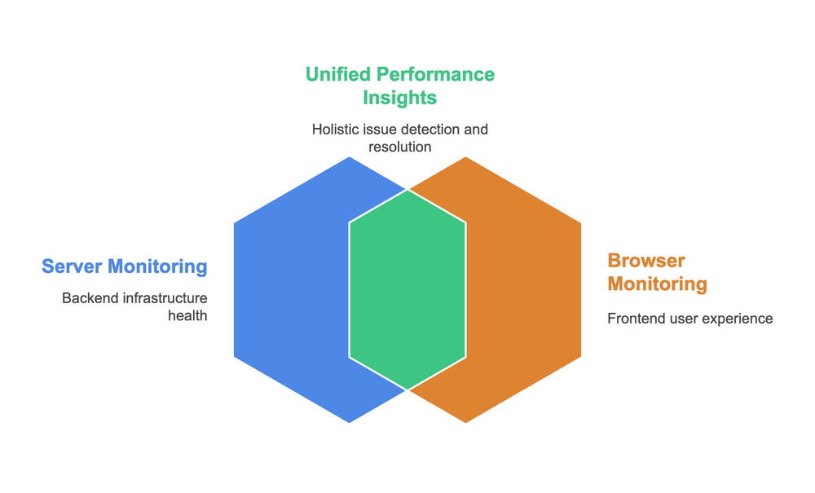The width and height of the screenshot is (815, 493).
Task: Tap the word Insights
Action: pyautogui.click(x=399, y=98)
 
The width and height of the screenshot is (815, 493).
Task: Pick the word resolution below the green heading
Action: pyautogui.click(x=399, y=147)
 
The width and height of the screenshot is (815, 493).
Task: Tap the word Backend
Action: pyautogui.click(x=90, y=298)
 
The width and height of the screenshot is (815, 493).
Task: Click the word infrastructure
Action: pyautogui.click(x=165, y=298)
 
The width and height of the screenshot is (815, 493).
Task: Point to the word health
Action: pyautogui.click(x=187, y=315)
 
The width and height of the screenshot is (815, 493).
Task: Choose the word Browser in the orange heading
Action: pyautogui.click(x=646, y=261)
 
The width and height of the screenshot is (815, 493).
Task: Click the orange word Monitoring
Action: pyautogui.click(x=657, y=284)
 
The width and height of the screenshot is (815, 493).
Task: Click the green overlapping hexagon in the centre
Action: pyautogui.click(x=407, y=289)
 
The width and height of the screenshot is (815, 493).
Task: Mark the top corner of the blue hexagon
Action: pyautogui.click(x=350, y=157)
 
